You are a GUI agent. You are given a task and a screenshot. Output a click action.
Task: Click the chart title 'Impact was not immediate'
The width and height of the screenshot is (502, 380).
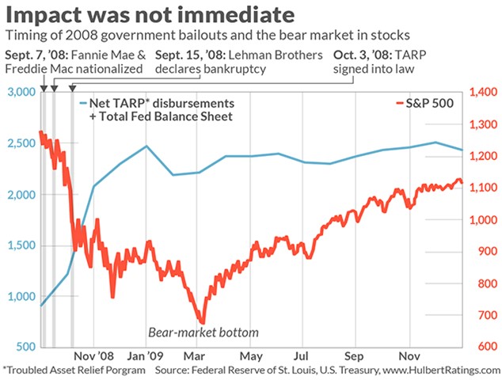tap(150, 14)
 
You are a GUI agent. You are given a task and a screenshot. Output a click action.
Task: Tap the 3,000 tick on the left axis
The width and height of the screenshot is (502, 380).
tap(21, 92)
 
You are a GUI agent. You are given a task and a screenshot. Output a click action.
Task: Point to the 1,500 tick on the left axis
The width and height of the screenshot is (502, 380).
tap(21, 245)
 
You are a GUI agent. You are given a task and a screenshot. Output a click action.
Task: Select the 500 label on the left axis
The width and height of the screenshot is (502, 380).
tap(25, 347)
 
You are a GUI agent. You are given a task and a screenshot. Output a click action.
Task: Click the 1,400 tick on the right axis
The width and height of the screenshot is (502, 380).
tap(484, 92)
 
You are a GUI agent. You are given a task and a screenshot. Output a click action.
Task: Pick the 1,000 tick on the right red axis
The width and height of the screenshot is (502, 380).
tap(484, 220)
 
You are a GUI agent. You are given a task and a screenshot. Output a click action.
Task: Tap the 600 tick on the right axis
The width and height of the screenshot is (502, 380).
tap(488, 347)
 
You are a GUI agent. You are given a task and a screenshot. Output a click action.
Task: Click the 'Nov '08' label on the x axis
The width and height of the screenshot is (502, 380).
tap(93, 356)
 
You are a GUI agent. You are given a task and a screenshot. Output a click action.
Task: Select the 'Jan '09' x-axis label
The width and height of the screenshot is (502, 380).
tap(146, 356)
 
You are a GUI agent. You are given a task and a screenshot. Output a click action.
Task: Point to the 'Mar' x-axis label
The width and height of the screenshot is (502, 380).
tap(194, 356)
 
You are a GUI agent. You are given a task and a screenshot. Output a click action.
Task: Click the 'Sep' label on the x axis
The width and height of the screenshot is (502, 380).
tap(354, 356)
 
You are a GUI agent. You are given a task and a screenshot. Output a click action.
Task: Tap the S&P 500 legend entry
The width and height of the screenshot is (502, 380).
tap(425, 103)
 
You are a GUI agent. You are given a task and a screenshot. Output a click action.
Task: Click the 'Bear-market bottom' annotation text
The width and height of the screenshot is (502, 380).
tap(203, 332)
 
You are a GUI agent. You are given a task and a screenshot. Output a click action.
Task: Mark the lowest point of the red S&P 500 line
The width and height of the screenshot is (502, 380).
tap(203, 322)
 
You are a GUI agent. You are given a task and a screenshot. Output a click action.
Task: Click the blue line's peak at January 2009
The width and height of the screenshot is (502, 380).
tap(146, 146)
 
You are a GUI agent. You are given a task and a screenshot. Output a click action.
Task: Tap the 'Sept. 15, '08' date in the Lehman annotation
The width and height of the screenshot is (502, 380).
tap(190, 55)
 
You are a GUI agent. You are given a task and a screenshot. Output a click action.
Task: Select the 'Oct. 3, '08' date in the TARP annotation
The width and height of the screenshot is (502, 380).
tap(362, 55)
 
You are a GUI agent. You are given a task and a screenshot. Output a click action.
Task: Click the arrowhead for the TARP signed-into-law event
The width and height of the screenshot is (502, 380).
tap(73, 88)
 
